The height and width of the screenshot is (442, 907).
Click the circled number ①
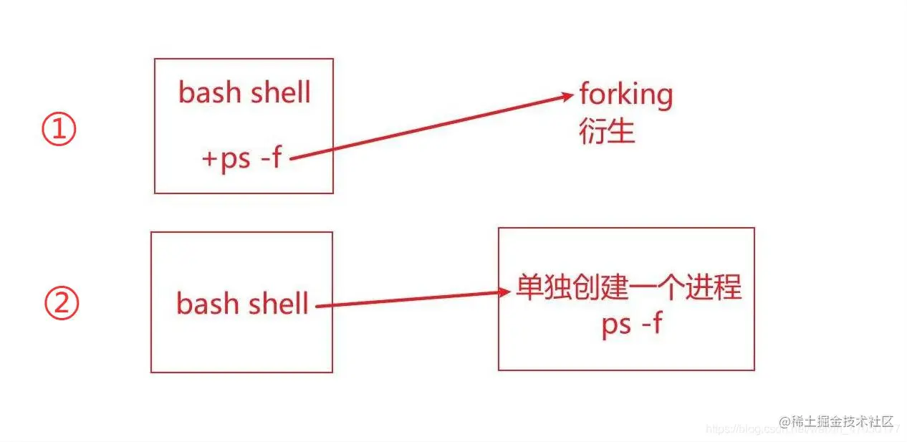[x=59, y=131]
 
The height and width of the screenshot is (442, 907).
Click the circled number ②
[x=62, y=305]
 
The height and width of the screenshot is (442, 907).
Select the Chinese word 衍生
[x=607, y=131]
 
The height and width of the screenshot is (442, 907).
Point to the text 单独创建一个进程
[x=628, y=288]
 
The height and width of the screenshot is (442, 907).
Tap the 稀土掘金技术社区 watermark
[x=837, y=422]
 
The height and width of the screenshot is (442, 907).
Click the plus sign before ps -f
[x=208, y=159]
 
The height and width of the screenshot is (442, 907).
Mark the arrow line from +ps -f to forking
[x=430, y=127]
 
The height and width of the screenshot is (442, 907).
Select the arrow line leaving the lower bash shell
[x=408, y=299]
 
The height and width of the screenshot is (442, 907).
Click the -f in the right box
[x=651, y=325]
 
